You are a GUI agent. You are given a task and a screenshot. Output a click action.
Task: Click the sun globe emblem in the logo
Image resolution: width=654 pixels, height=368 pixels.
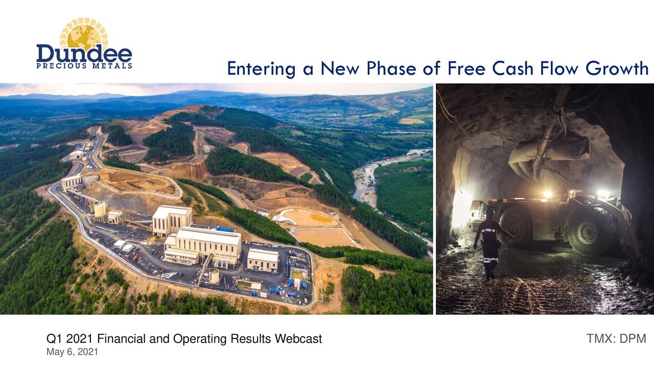[x=84, y=35]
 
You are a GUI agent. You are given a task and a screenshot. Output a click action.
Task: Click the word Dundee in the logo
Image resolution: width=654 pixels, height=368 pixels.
[x=84, y=54]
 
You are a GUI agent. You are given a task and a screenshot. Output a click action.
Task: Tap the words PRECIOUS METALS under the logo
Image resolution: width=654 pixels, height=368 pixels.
[x=84, y=66]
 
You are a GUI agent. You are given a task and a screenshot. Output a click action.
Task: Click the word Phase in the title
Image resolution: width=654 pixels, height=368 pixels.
[x=392, y=68]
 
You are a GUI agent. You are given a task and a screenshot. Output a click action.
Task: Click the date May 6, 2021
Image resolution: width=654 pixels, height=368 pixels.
[x=72, y=352]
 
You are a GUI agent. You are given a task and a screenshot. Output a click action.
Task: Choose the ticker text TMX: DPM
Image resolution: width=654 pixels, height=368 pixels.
[x=616, y=338]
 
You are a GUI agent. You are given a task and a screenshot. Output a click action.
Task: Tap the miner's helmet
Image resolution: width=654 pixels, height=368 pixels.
[x=490, y=212]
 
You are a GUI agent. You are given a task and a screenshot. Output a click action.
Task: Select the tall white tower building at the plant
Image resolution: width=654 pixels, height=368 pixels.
[x=172, y=220]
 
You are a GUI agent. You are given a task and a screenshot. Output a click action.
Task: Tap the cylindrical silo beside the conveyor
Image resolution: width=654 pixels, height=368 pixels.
[x=100, y=209]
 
